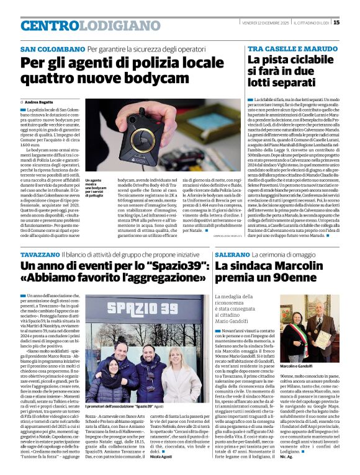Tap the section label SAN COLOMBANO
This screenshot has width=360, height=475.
click(x=52, y=49)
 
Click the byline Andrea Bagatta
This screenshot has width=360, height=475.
click(x=40, y=102)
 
